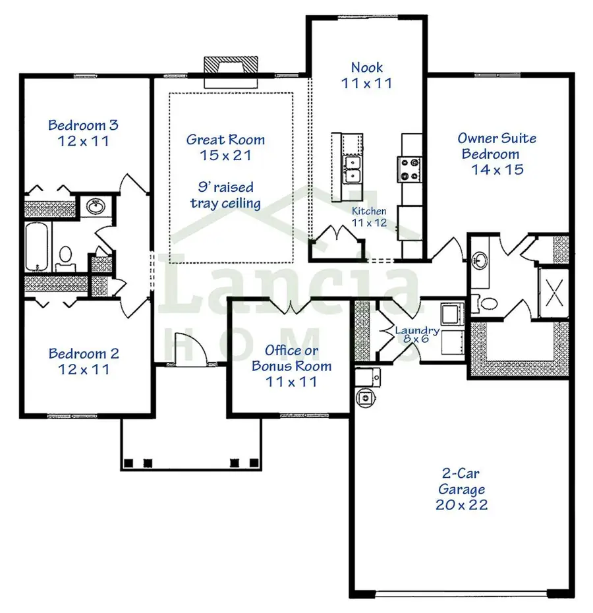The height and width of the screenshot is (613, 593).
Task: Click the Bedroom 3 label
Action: (x=83, y=125)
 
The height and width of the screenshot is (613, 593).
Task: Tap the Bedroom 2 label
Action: (x=84, y=354)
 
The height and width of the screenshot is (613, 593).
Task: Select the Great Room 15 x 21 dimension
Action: (x=225, y=156)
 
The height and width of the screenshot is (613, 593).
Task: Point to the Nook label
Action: (x=366, y=67)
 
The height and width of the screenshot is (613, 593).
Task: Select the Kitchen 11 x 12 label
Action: (x=369, y=217)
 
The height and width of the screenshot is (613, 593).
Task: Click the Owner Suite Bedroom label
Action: (x=497, y=146)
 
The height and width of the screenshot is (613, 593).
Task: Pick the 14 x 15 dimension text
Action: (x=497, y=169)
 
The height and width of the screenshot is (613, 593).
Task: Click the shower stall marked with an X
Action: (x=553, y=291)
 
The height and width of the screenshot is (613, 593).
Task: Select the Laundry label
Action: (x=417, y=331)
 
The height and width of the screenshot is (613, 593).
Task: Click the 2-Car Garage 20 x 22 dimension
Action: (x=461, y=505)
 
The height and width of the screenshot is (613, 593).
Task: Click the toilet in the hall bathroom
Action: (x=65, y=256)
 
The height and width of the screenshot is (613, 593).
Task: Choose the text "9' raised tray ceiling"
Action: (x=225, y=195)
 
